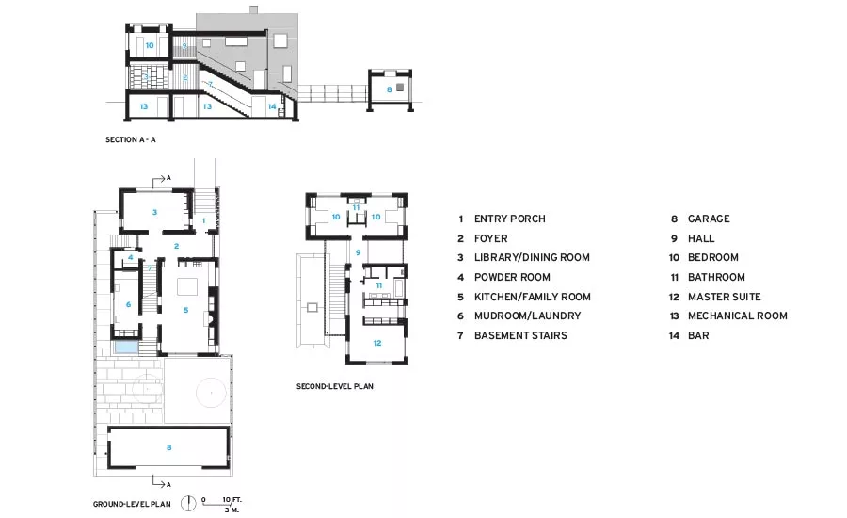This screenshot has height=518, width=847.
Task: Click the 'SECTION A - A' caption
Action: point(130,139)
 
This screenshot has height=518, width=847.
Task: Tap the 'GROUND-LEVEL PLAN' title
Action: point(132,504)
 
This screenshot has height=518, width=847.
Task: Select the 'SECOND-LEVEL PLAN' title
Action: point(335,386)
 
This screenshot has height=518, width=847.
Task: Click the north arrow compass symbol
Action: point(188,503)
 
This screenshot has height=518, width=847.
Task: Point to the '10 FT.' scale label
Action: point(232,500)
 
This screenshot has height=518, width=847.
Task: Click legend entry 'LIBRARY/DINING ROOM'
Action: point(532,257)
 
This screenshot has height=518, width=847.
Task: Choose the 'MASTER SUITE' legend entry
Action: point(725,297)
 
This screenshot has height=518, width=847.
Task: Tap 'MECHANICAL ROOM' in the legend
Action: point(737,316)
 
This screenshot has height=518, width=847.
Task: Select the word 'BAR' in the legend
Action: point(698,336)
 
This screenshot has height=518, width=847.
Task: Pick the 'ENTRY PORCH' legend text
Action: point(510,219)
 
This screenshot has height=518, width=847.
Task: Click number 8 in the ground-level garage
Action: point(169,447)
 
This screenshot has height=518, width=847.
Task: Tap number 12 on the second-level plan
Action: point(377,343)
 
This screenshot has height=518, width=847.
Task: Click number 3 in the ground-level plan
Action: point(154,212)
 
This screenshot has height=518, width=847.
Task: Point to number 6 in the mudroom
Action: point(128,304)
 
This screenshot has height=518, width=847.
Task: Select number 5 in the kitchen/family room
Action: point(185,310)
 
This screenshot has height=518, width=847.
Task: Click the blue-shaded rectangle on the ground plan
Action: point(126,348)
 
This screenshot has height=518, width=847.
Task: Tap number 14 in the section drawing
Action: point(272,106)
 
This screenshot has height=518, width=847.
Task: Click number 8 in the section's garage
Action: point(389,89)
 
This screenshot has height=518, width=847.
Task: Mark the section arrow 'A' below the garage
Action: point(162,482)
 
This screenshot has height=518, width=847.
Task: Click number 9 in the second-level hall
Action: point(358,252)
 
